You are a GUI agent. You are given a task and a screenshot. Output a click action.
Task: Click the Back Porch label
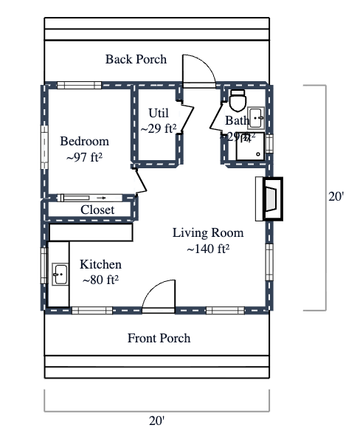click(x=136, y=59)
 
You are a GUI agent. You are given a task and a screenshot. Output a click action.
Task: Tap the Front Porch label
click(x=159, y=338)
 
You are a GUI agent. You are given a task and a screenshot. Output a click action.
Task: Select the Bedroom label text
click(x=84, y=142)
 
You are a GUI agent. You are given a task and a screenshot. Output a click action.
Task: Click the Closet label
click(x=97, y=210)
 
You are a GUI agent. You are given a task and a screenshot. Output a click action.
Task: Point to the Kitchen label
click(x=100, y=265)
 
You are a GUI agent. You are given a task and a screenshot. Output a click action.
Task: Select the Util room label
click(x=159, y=113)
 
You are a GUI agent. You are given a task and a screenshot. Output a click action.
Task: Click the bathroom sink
click(x=257, y=117)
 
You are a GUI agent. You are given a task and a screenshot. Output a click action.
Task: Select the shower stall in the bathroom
click(x=251, y=146)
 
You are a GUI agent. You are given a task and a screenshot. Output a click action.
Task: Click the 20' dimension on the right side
click(x=336, y=197)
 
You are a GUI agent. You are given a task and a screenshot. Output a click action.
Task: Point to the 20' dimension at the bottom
click(x=156, y=421)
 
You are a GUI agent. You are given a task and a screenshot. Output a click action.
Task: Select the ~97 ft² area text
click(x=84, y=157)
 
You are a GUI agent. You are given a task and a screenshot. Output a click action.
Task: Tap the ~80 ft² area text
click(x=100, y=280)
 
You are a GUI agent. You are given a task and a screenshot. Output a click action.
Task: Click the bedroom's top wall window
click(x=79, y=85)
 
